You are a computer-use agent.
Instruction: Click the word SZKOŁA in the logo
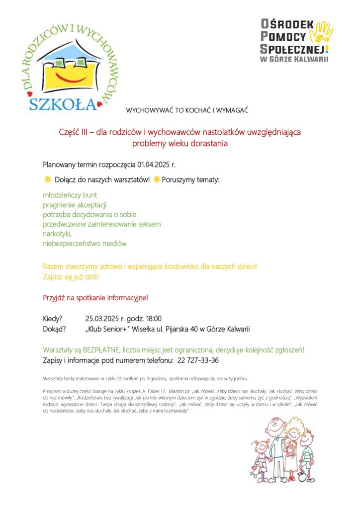[62, 103]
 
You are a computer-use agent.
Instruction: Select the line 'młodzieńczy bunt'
[70, 195]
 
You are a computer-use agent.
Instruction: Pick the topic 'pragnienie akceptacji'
[75, 205]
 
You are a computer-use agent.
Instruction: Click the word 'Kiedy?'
[53, 319]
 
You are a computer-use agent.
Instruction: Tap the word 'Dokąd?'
[54, 329]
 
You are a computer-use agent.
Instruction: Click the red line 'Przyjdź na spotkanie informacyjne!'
[95, 298]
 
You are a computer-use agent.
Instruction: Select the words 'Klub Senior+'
[110, 329]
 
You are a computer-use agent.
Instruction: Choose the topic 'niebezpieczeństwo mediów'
[85, 244]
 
